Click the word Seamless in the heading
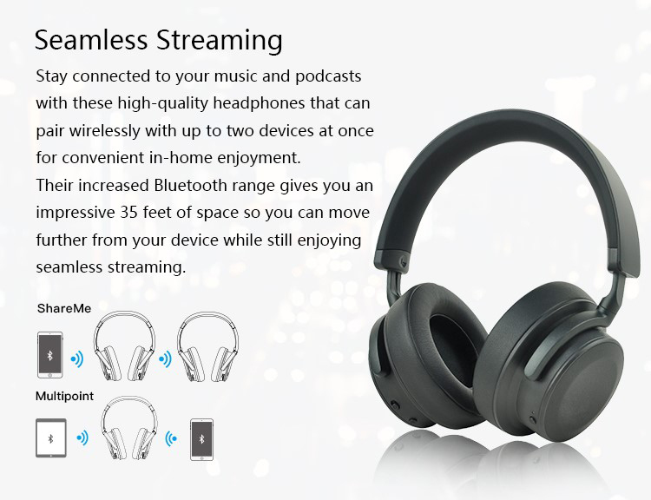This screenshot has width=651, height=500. [91, 40]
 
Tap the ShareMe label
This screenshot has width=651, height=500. [64, 308]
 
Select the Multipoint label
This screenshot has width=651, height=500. [64, 396]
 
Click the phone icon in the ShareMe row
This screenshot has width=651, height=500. [49, 355]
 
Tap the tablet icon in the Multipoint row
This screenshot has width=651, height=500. [51, 437]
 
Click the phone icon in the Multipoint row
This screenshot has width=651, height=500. [201, 439]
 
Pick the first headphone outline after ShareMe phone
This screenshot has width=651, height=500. [124, 345]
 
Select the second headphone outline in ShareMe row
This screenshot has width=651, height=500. [207, 345]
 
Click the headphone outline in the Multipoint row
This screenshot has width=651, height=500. [129, 428]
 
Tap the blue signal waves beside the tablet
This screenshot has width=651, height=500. [82, 437]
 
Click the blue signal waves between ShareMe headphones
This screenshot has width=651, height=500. [165, 359]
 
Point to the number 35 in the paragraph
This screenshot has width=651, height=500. [129, 213]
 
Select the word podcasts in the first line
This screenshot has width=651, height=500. [328, 77]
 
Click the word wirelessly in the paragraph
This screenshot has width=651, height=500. [105, 131]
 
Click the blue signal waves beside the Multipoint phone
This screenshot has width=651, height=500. [171, 438]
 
